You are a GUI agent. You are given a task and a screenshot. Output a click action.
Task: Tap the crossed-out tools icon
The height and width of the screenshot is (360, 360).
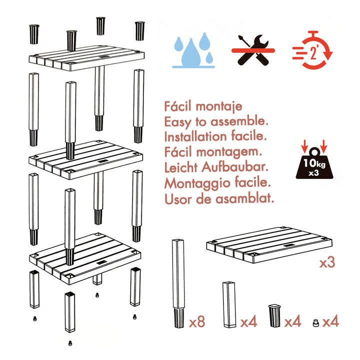click(253, 50)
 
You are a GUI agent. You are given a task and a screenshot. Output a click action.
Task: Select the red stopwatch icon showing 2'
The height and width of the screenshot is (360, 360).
click(312, 50)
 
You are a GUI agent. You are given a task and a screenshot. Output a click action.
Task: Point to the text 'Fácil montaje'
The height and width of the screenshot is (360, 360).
click(203, 107)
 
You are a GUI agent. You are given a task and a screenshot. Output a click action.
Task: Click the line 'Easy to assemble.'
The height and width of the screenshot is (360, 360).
click(216, 122)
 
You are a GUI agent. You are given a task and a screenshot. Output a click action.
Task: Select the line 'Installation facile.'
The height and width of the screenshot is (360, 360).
click(215, 136)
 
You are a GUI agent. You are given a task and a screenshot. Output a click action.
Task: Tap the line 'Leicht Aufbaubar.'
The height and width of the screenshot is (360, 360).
click(216, 167)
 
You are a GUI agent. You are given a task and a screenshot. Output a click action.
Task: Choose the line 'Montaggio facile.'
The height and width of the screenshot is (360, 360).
click(217, 183)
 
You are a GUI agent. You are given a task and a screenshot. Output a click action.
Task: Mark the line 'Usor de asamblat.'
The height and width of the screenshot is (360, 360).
click(219, 198)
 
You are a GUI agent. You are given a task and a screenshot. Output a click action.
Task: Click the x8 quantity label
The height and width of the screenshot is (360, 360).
click(197, 321)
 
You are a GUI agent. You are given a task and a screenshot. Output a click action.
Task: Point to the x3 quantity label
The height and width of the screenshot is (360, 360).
click(327, 262)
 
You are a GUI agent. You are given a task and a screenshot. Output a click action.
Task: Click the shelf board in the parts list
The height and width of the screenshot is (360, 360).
click(269, 245)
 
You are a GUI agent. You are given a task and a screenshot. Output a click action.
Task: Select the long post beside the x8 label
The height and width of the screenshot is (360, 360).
click(178, 283)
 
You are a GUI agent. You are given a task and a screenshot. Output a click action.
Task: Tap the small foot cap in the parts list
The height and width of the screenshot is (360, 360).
click(316, 323)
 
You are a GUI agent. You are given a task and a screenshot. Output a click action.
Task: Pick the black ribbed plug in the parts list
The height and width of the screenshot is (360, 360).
click(274, 315)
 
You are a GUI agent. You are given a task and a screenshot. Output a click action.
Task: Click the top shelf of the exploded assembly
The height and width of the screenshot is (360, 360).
click(86, 58)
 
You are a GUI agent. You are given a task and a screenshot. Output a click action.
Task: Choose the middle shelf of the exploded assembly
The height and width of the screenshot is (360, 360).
click(85, 160)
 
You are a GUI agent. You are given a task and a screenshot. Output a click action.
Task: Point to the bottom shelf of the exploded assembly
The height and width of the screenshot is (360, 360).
click(85, 259)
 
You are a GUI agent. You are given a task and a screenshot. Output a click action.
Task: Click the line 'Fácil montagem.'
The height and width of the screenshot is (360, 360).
click(213, 152)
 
